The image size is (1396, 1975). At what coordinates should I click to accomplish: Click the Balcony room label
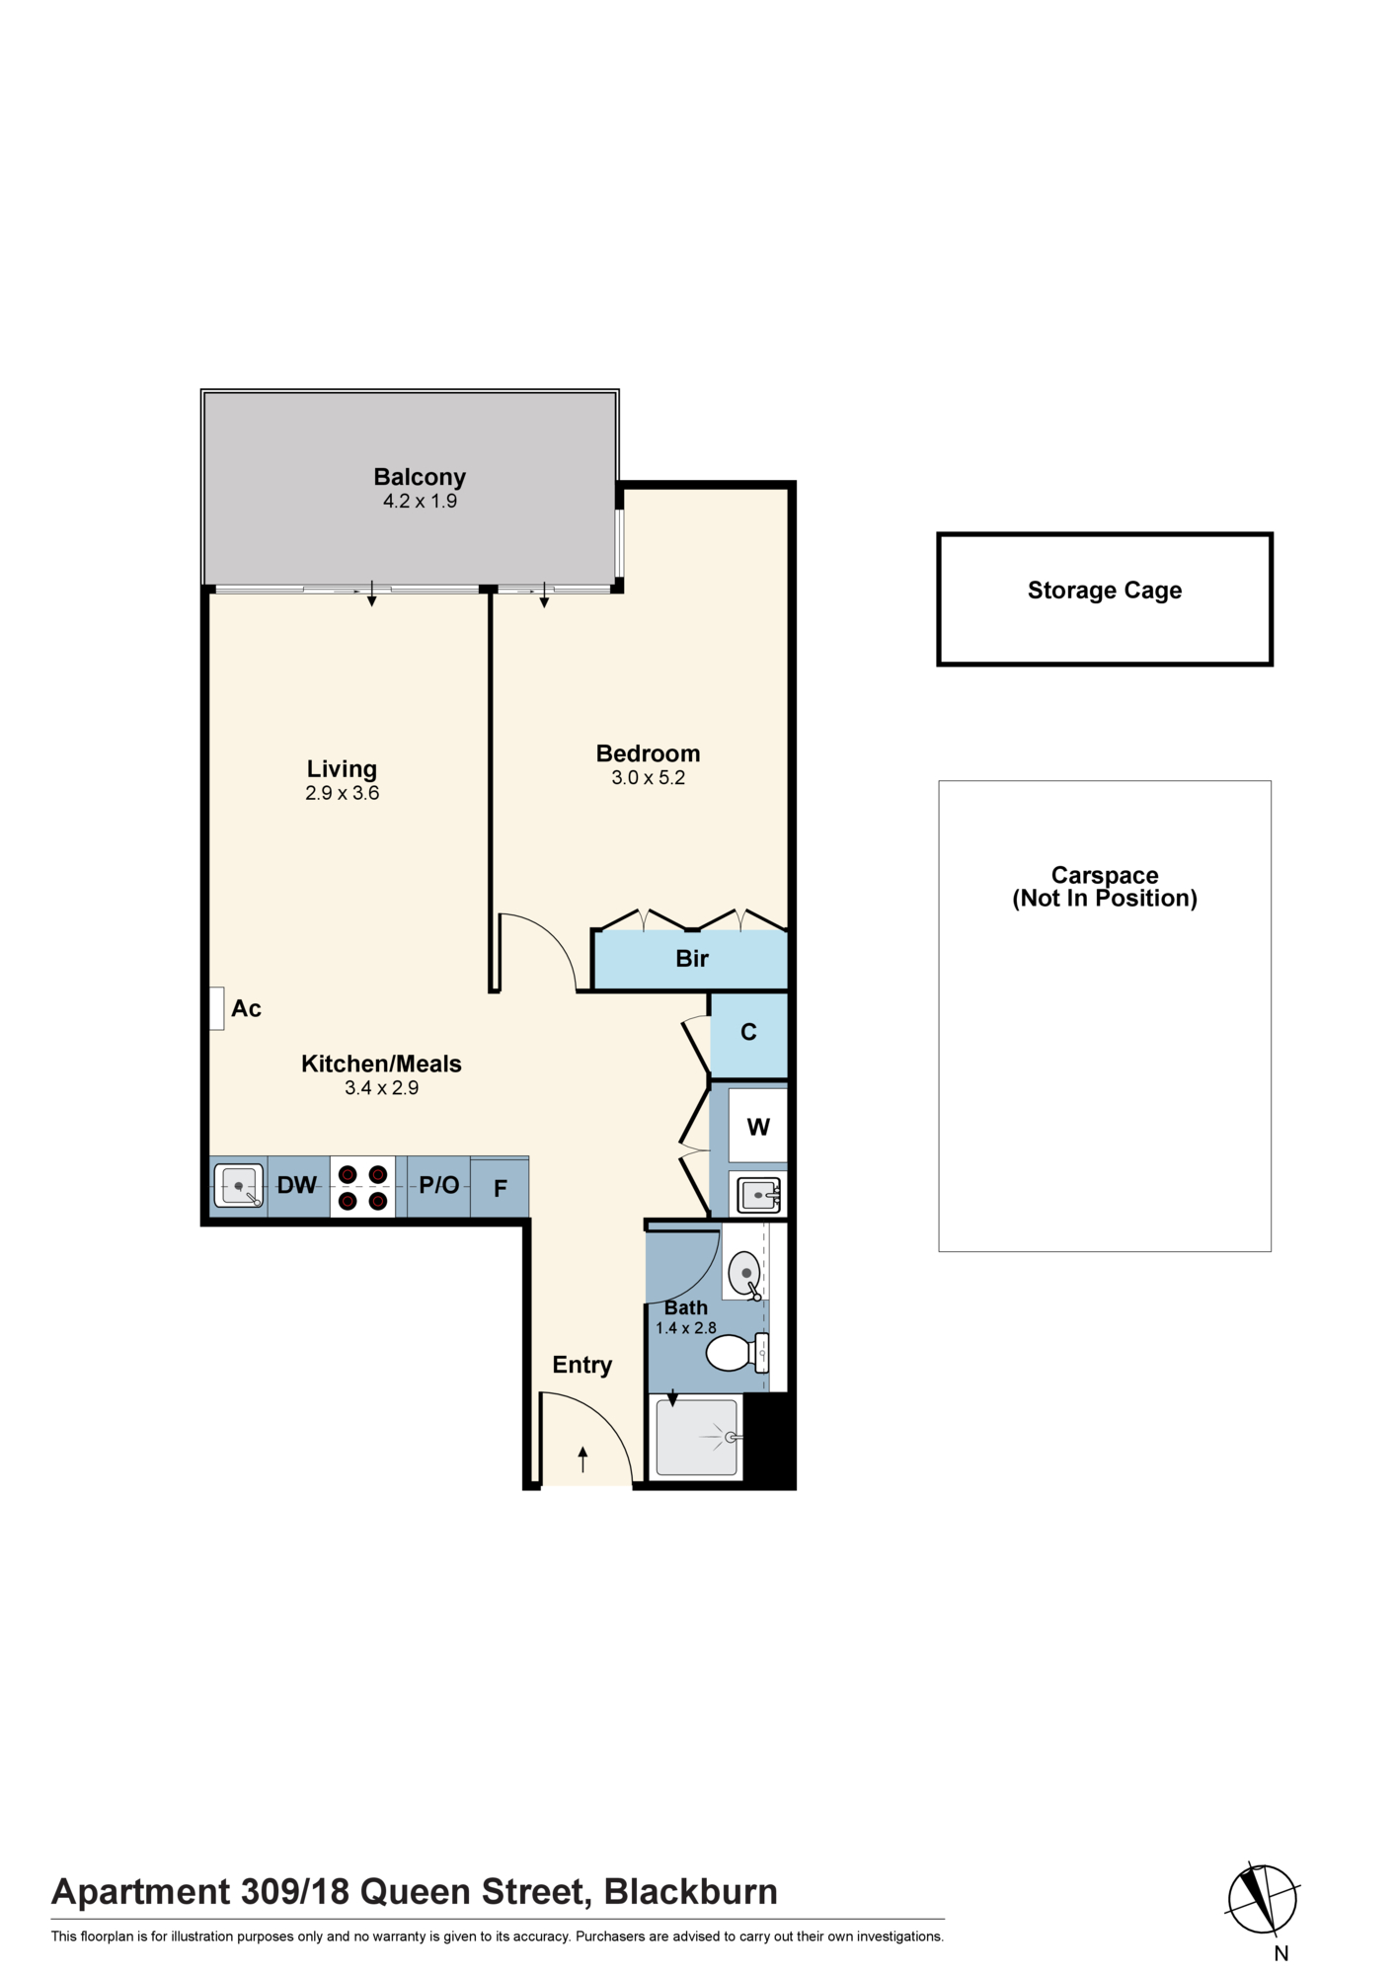[x=420, y=477]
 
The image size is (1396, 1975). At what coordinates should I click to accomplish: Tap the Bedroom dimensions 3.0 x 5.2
[x=648, y=778]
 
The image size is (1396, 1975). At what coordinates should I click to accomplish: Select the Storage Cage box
[x=1105, y=599]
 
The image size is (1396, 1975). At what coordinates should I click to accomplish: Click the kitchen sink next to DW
[x=239, y=1185]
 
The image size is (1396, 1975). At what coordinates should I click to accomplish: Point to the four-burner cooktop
[x=362, y=1186]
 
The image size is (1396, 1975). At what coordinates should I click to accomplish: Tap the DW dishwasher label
[x=297, y=1185]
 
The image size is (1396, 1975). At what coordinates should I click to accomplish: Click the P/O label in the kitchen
[x=439, y=1185]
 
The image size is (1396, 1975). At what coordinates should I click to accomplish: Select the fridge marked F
[x=500, y=1187]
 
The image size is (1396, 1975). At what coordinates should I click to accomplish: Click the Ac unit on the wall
[x=217, y=1008]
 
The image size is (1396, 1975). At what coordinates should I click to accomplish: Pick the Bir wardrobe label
[x=692, y=958]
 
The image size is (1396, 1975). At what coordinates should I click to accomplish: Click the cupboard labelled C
[x=749, y=1035]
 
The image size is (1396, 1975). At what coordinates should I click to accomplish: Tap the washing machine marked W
[x=758, y=1126]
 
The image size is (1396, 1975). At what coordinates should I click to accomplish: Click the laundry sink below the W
[x=758, y=1194]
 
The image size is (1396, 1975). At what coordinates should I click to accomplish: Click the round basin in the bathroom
[x=745, y=1275]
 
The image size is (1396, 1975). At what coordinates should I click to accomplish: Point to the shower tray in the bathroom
[x=697, y=1437]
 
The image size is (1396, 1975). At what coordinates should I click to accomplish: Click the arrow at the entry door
[x=583, y=1459]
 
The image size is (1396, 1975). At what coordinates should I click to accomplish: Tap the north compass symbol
[x=1263, y=1898]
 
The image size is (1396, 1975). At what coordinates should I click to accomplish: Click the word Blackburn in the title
[x=691, y=1891]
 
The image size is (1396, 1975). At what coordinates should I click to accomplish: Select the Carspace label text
[x=1105, y=875]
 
